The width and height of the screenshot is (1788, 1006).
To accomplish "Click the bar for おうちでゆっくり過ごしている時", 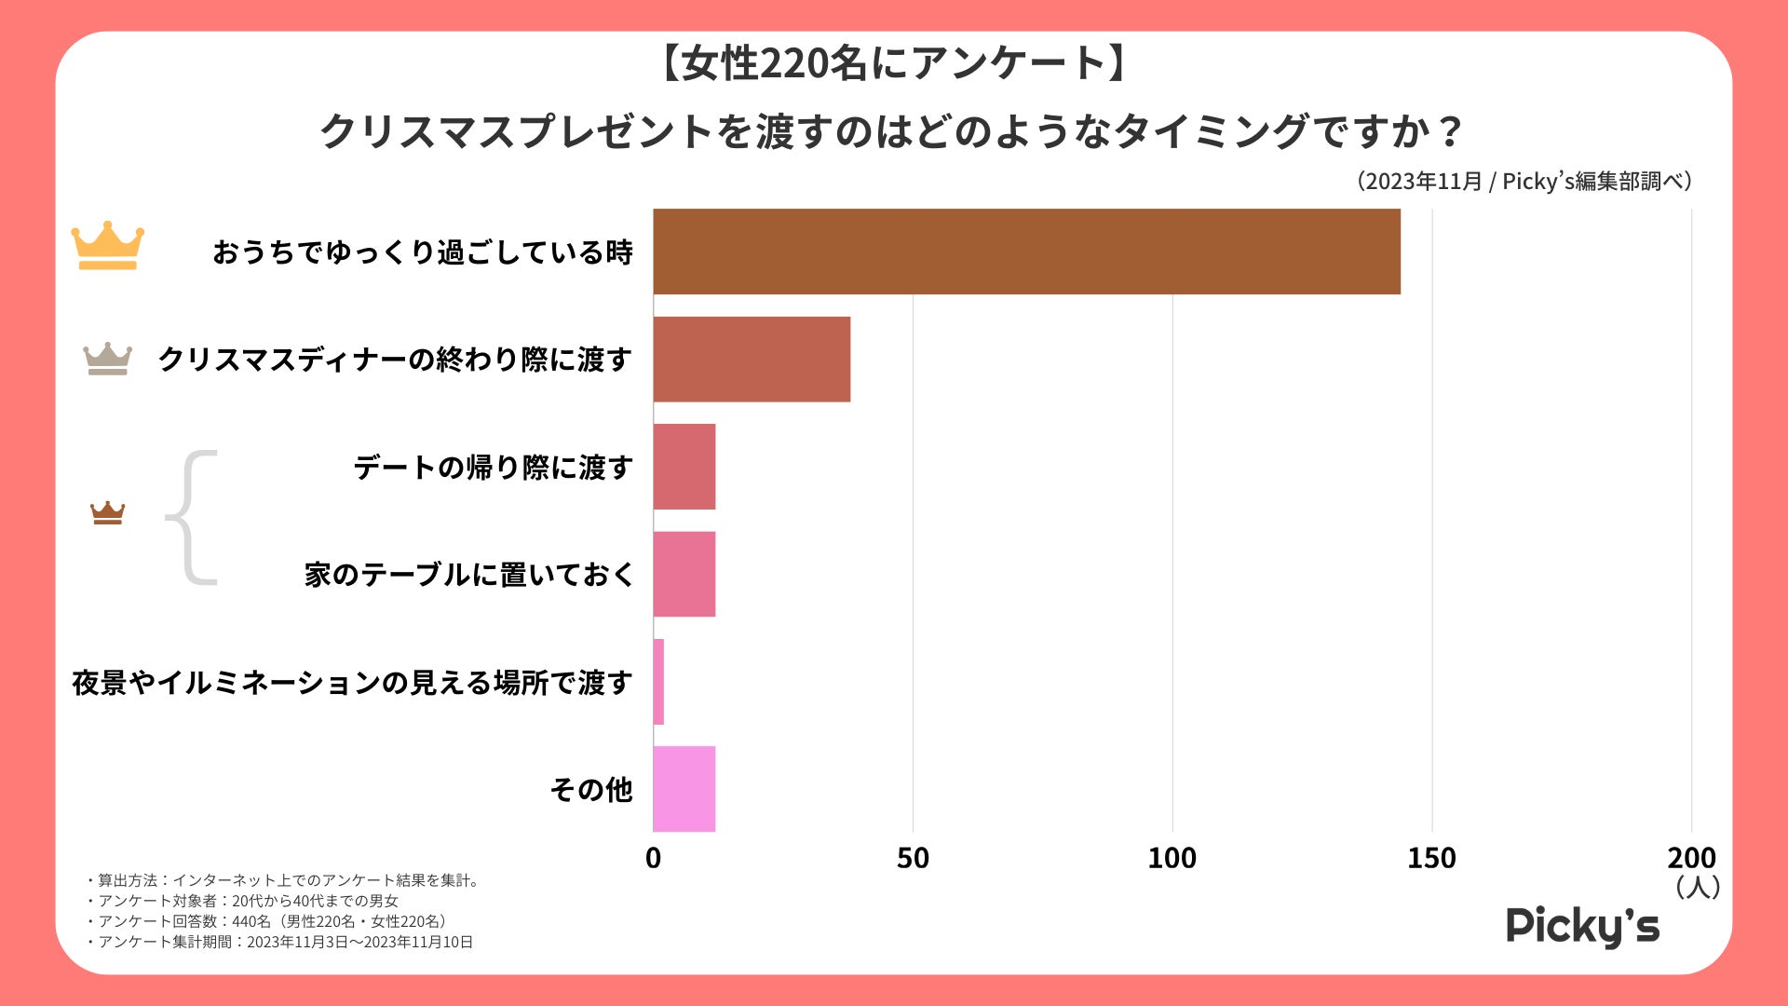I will tap(1026, 251).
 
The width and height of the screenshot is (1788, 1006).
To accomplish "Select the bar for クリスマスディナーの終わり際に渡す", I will tap(752, 359).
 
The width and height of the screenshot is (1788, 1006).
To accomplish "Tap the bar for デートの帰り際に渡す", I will tap(684, 467).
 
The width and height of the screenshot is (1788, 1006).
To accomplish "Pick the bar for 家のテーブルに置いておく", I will tap(684, 574).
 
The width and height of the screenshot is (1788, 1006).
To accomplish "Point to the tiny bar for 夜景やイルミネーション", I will tap(658, 682).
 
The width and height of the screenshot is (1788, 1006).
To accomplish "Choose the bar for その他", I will tap(684, 789).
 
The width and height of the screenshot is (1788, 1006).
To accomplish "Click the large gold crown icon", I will tap(108, 246).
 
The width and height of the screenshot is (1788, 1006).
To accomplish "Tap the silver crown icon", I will tap(107, 359).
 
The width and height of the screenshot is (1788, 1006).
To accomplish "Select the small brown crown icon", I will tap(107, 512).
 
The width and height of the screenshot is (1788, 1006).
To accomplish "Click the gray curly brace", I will tap(191, 518).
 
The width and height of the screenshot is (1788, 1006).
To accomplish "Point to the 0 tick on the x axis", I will tap(653, 858).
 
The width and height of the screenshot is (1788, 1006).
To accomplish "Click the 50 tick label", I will tap(913, 858).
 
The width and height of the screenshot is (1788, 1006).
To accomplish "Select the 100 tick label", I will tap(1172, 858).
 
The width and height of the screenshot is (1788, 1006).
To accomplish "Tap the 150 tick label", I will tap(1431, 858).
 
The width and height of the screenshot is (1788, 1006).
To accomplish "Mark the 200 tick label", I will tap(1691, 858).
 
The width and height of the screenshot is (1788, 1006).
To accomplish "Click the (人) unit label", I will tap(1697, 887).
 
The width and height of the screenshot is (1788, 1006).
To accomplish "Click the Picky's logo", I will tap(1582, 927).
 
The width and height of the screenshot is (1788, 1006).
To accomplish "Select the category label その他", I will tap(591, 790).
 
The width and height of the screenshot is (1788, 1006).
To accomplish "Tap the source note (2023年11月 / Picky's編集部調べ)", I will tap(1523, 181).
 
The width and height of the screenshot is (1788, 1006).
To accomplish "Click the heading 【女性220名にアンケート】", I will tap(893, 63).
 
